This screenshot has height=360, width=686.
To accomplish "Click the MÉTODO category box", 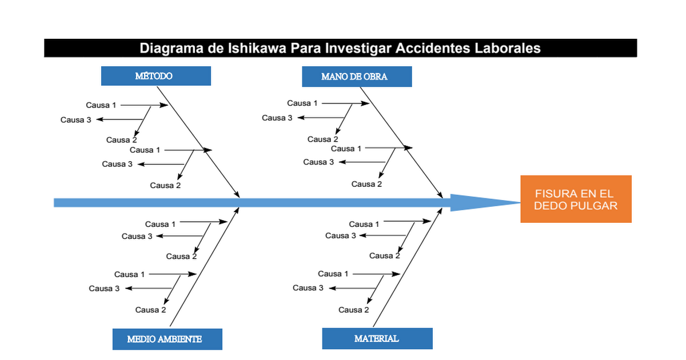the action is (156, 76).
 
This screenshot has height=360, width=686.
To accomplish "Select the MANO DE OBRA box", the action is (357, 77).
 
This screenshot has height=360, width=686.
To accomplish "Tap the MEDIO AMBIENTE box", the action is (167, 339).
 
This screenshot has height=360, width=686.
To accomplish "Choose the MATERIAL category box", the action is (377, 338).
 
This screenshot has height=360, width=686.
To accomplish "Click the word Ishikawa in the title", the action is (257, 48).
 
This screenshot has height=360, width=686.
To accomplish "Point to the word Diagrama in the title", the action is (171, 49).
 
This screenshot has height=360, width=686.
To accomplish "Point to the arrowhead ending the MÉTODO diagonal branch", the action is (237, 194).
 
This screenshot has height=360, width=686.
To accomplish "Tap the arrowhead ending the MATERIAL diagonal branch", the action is (440, 211).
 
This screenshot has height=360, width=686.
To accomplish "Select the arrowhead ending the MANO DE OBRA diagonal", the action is (440, 194).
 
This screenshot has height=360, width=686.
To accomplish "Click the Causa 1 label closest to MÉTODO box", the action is (101, 105).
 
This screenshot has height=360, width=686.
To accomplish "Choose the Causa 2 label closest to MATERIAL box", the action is (354, 310).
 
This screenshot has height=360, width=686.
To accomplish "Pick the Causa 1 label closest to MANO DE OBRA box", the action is (302, 103).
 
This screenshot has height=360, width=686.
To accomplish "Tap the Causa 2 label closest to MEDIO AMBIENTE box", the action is (151, 310).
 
